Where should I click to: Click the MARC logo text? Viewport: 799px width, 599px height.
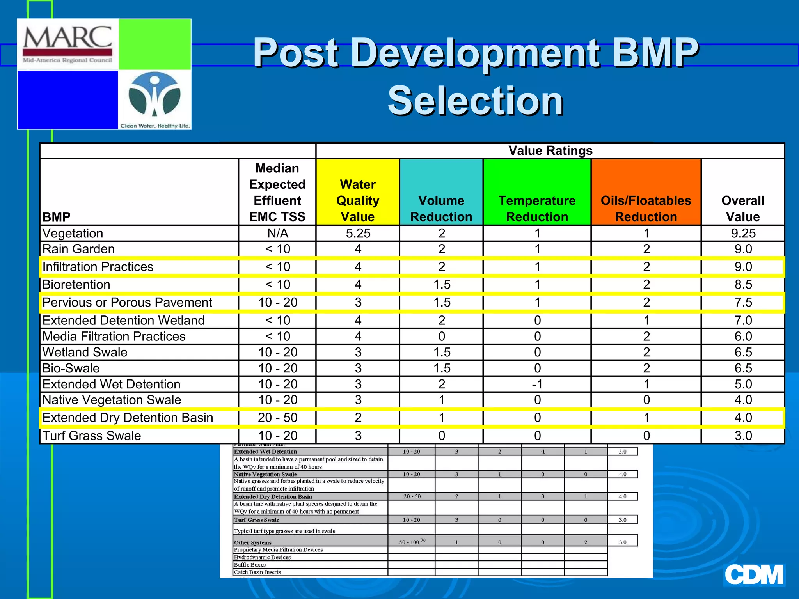click(67, 38)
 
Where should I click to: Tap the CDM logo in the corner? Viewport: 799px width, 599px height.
click(754, 574)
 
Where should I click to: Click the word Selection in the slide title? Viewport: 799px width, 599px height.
click(475, 101)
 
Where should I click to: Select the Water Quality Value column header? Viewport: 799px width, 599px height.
click(357, 200)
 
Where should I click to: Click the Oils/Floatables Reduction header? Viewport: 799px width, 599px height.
click(646, 208)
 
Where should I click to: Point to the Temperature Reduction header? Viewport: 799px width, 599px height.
click(537, 208)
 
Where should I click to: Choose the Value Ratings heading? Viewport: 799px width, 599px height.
click(550, 151)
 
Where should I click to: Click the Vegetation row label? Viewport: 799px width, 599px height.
click(73, 233)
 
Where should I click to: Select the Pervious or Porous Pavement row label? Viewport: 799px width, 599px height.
click(127, 302)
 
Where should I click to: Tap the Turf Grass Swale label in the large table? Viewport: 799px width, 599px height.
click(92, 435)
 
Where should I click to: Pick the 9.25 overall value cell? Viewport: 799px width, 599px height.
click(743, 233)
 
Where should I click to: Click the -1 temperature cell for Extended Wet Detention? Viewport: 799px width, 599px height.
click(537, 384)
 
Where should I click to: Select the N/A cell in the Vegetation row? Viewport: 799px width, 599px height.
click(277, 233)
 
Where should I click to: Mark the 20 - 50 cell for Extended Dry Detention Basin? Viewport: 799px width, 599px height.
click(277, 418)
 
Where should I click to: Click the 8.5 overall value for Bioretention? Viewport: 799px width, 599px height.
click(743, 284)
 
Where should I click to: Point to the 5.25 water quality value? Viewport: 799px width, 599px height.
click(358, 233)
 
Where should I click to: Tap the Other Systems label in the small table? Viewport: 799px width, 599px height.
click(253, 542)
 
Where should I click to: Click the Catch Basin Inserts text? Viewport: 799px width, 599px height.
click(257, 572)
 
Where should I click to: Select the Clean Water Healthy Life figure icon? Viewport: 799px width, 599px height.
click(154, 96)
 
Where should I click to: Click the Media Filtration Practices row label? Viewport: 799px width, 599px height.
click(114, 336)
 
